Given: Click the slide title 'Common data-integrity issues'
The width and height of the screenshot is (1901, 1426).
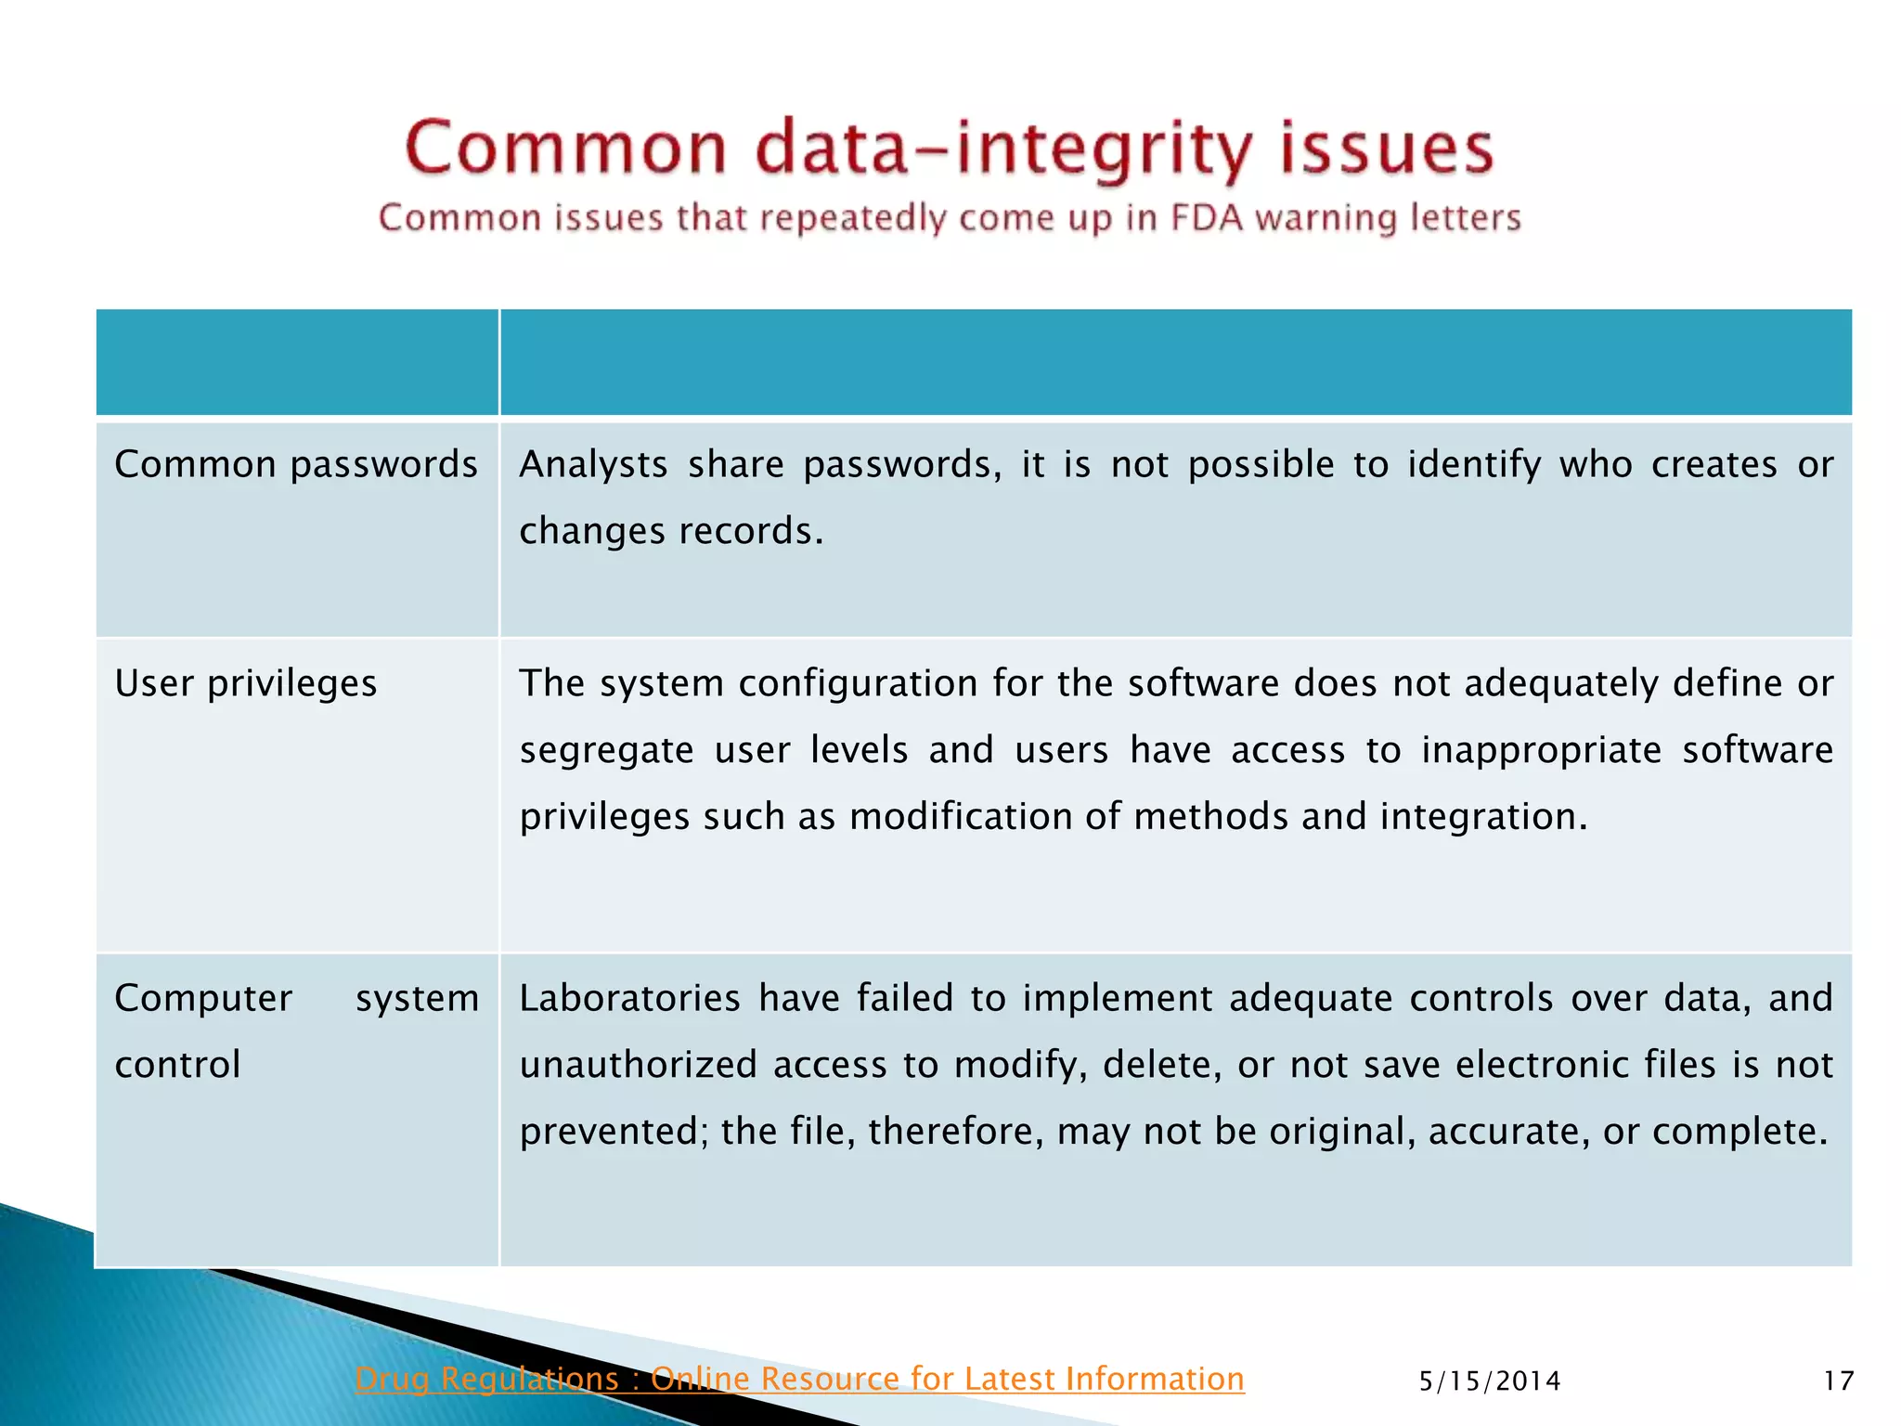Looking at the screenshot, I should point(949,149).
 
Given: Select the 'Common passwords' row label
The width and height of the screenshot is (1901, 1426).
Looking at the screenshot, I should point(295,464).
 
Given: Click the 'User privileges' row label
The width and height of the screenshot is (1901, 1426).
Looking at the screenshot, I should point(246,683).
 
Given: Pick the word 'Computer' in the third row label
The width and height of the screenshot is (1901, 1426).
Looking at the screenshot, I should point(203,998).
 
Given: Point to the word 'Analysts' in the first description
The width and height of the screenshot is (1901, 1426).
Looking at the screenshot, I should point(593,464).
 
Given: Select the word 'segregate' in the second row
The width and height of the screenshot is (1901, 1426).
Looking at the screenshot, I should point(606,750).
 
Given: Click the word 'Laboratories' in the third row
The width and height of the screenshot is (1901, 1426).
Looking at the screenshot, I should point(629,998).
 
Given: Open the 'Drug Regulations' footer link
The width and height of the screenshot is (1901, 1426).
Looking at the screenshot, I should point(799,1379).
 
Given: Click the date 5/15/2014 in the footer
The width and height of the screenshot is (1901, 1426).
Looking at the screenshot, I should point(1490,1381).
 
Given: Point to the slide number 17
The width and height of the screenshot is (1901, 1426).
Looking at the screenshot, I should point(1838,1381).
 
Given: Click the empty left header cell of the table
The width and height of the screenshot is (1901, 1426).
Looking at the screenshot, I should point(297,362).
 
